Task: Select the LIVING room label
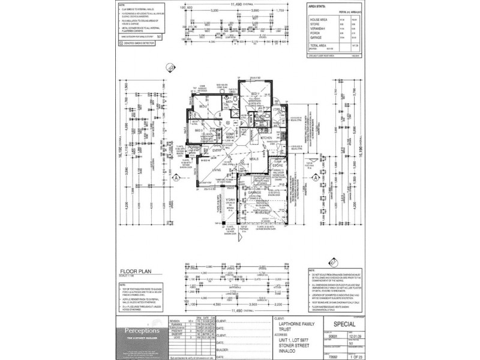tap(217, 170)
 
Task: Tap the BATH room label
tap(229, 103)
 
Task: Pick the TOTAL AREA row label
tap(319, 45)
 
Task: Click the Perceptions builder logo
tap(142, 331)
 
